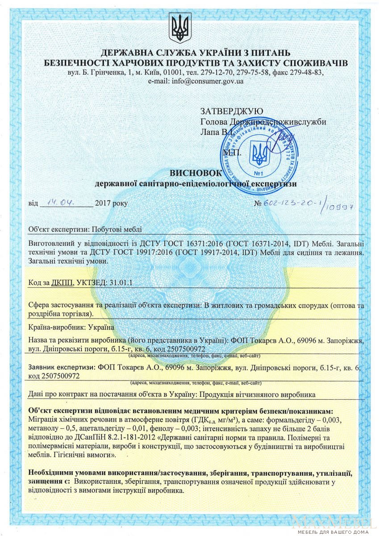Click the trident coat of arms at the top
click(x=180, y=28)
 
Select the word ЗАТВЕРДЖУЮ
click(x=231, y=111)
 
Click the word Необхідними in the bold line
click(x=53, y=473)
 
